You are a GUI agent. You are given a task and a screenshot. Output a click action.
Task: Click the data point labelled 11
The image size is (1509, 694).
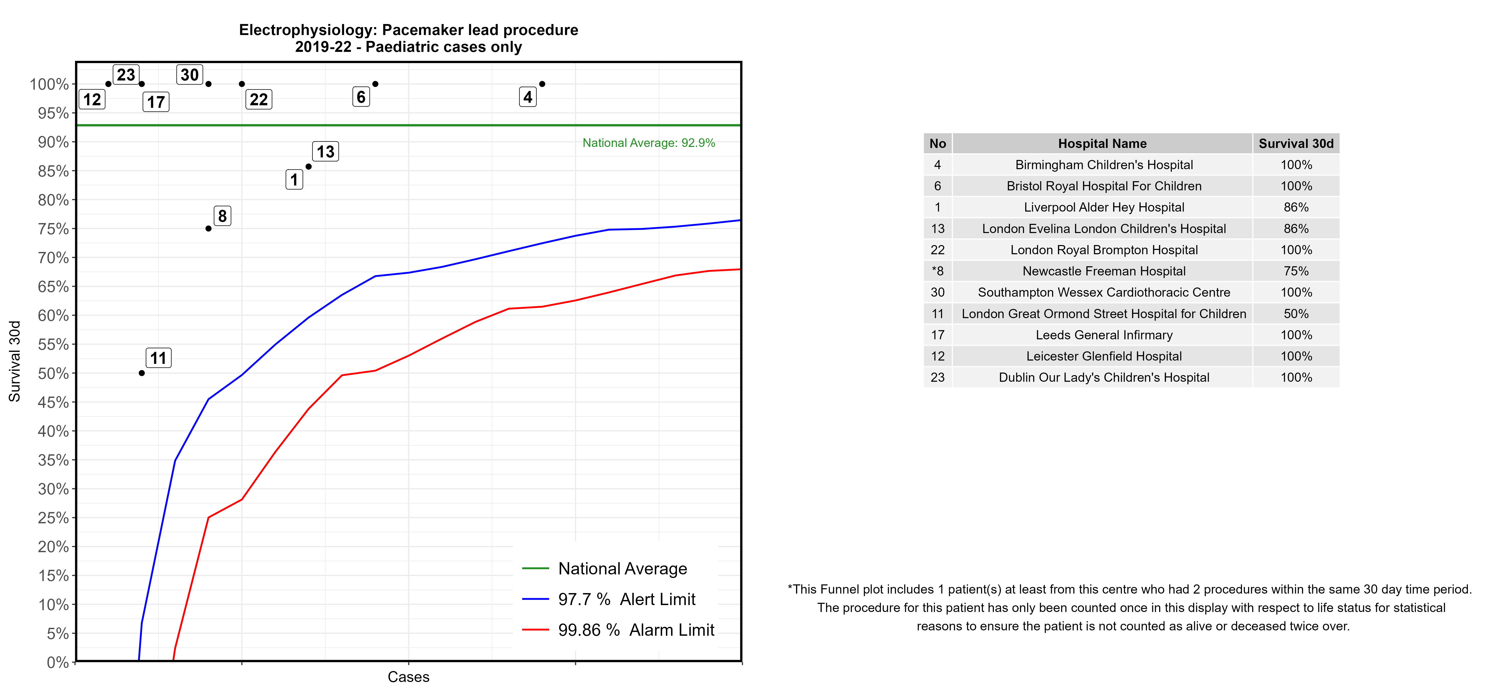coord(142,373)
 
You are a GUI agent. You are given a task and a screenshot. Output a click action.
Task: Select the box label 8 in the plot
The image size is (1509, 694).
coord(222,216)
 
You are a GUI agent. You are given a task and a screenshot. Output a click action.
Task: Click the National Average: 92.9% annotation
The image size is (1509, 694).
coord(649,143)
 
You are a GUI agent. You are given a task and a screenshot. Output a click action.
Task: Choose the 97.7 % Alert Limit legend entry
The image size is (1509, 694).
coord(626,599)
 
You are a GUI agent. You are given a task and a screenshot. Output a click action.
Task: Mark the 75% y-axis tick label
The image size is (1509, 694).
coord(53,229)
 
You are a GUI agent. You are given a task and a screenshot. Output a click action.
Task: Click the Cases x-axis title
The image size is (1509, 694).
coord(408,677)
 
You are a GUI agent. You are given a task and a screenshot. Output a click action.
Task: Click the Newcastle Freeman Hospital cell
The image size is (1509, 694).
coord(1104,271)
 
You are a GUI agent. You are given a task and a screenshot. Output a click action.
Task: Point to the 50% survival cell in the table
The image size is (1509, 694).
coord(1296,314)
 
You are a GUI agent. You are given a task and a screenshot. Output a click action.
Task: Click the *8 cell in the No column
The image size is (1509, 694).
coord(937,271)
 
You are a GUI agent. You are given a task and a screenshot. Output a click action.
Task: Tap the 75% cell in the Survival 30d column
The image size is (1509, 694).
coord(1296,271)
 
